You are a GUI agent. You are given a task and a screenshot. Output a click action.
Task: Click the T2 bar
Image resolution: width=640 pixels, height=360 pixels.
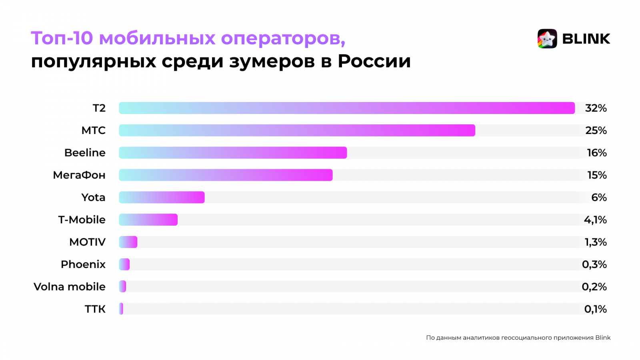[346, 108]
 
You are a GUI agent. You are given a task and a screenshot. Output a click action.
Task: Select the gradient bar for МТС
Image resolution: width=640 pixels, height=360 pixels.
[297, 130]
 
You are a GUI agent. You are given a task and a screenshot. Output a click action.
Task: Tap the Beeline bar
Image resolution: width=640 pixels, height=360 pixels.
[233, 153]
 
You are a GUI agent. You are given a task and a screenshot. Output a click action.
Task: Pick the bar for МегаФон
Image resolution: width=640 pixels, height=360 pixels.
[226, 175]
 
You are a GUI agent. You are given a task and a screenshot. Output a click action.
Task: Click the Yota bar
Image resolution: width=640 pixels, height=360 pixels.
[162, 197]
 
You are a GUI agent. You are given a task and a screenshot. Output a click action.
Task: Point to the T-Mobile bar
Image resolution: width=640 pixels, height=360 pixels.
[148, 220]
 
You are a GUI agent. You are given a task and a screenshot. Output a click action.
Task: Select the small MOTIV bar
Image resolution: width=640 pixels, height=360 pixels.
[128, 242]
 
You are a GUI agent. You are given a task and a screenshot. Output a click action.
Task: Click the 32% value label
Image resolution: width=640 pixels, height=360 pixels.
[596, 108]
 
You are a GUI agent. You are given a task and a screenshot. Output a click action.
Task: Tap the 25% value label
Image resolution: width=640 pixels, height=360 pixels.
[596, 130]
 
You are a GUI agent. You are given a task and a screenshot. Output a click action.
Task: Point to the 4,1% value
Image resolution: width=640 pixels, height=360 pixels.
[595, 220]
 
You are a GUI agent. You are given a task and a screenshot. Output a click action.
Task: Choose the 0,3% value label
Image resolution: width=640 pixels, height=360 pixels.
[594, 264]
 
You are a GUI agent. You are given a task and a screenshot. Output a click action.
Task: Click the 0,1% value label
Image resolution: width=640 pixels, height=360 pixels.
[595, 309]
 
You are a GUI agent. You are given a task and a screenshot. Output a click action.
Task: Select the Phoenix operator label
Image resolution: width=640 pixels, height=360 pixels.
[83, 264]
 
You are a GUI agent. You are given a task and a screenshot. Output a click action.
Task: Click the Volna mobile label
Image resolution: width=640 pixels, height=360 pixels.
[70, 287]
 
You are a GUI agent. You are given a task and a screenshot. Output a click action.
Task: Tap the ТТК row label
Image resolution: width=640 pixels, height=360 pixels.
[95, 309]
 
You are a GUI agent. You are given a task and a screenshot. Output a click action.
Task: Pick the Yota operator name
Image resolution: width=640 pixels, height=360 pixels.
[93, 197]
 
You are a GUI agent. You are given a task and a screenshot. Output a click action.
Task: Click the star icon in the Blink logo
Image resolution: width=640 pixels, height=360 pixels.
[547, 39]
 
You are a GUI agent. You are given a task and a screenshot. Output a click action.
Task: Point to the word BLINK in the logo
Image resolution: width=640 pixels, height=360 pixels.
[586, 39]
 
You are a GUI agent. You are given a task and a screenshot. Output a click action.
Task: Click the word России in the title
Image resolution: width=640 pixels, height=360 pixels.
[374, 61]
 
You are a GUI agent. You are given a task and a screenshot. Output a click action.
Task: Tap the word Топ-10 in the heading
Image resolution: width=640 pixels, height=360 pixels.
[62, 38]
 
